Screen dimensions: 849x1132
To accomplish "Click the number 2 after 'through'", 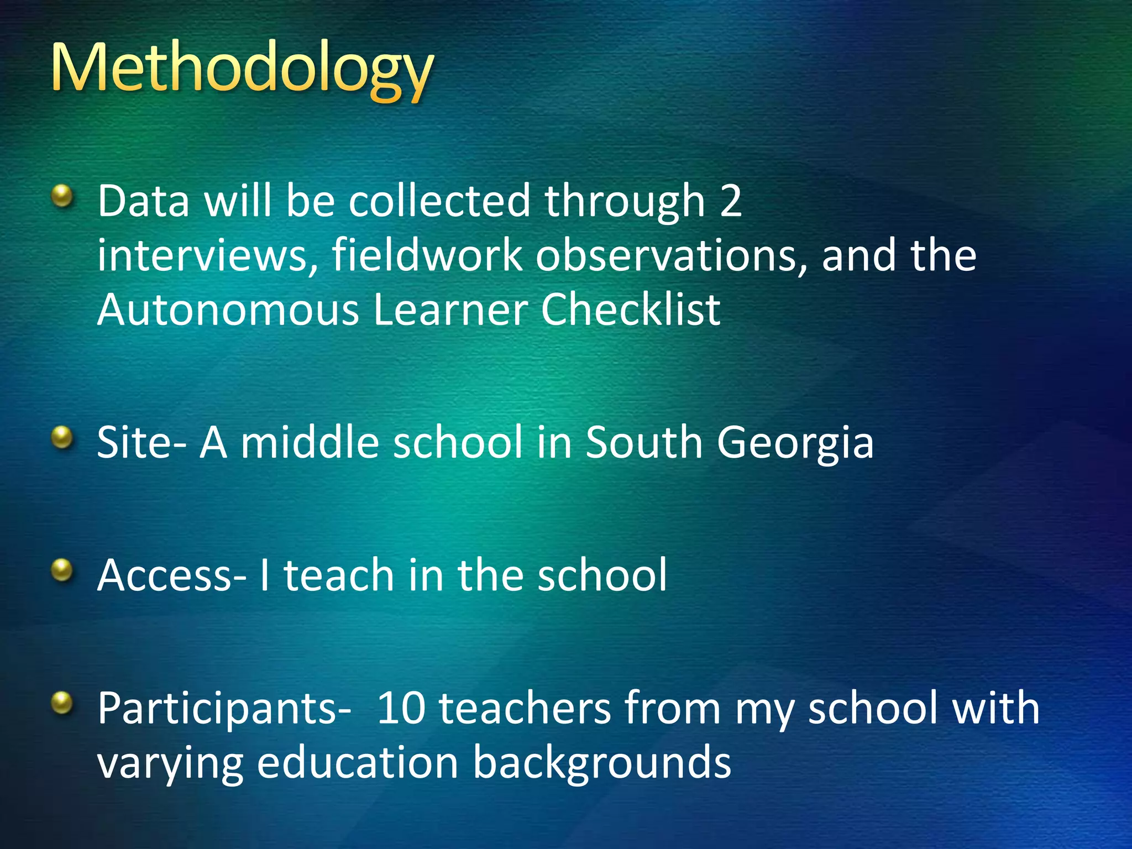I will (730, 201).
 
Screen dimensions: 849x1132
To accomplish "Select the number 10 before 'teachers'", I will (401, 708).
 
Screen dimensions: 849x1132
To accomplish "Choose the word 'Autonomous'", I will (228, 310).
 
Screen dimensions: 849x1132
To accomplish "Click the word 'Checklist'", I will (630, 310).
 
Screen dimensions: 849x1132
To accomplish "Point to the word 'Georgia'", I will (795, 443).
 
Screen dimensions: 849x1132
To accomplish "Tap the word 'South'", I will (643, 443).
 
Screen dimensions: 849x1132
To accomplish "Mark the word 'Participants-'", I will (224, 709).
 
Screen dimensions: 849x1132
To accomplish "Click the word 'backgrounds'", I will (602, 763).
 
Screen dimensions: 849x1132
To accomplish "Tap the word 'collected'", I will (439, 201).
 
